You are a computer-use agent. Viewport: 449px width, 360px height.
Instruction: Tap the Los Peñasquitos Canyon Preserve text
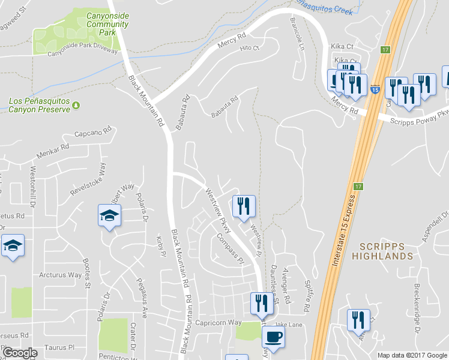39,105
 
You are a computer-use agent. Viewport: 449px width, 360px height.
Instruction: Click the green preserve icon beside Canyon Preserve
76,106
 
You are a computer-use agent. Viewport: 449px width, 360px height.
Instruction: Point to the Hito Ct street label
249,48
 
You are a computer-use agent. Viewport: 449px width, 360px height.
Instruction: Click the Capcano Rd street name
93,132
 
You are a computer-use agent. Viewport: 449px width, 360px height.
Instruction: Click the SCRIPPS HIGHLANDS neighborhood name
386,251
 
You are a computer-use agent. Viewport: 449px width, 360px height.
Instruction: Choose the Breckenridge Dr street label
416,309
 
